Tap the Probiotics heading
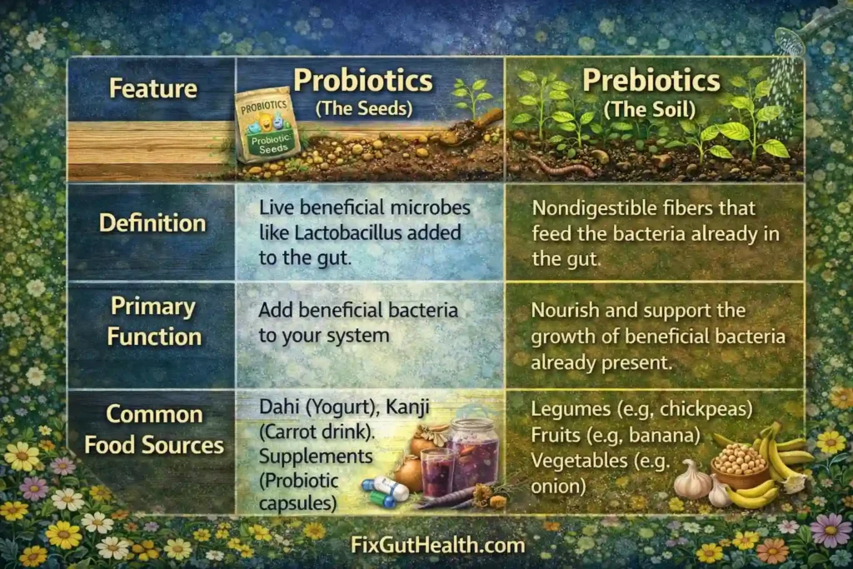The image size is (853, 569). coord(363,81)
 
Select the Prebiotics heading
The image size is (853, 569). coord(651,81)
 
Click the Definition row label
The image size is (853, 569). coord(152,223)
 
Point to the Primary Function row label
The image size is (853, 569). coord(152,322)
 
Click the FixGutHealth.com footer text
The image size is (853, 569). coord(426,546)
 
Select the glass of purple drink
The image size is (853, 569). coord(438,471)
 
